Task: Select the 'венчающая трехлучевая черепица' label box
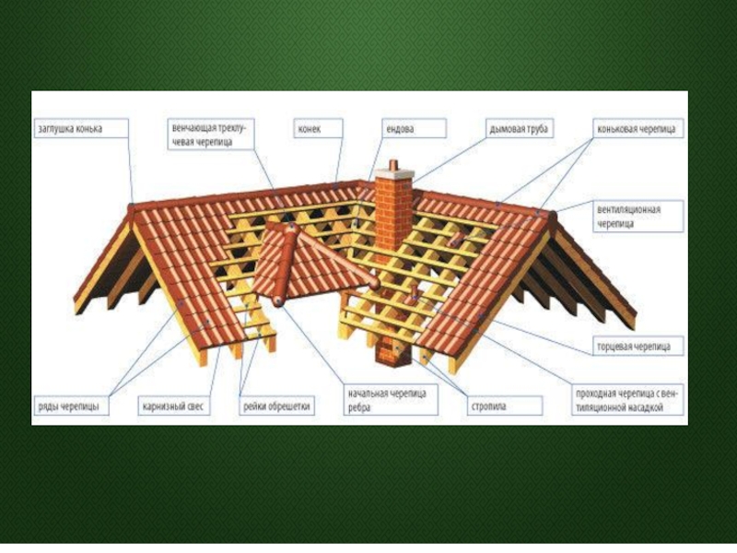(210, 134)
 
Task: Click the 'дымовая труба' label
(519, 129)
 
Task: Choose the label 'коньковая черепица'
(636, 129)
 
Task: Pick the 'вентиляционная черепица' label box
(635, 216)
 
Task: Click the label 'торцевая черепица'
(637, 347)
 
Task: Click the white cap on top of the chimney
(393, 167)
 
